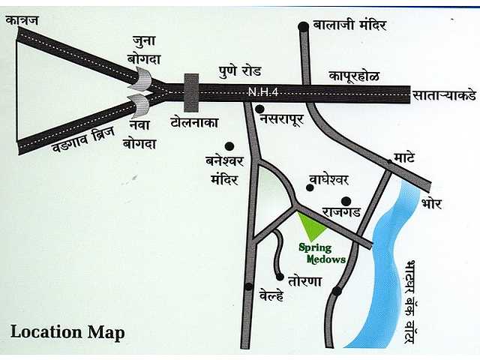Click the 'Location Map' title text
[x=68, y=331]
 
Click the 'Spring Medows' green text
[x=322, y=253]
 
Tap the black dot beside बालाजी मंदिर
[x=303, y=27]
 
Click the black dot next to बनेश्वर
[x=229, y=146]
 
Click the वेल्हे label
[x=271, y=295]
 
